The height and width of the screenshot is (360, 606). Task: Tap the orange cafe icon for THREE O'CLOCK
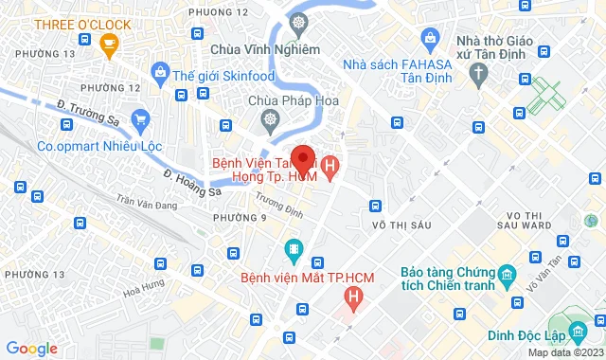tap(109, 43)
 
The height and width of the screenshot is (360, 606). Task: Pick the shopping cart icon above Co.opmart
tap(141, 119)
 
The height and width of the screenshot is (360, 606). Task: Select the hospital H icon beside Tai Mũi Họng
tap(329, 171)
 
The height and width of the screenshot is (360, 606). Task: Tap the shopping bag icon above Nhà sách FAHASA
tap(430, 40)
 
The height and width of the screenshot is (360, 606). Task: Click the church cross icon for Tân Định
tap(480, 71)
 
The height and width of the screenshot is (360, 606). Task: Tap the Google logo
tap(31, 348)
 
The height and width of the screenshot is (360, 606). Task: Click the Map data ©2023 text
tap(564, 352)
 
